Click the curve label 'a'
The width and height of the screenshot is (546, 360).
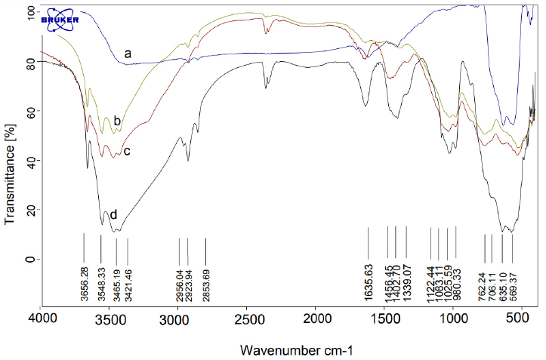pos(128,54)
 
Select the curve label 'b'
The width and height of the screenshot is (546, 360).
pos(117,121)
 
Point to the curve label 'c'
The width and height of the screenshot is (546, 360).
pos(127,151)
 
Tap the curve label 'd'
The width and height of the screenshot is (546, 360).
pos(113,214)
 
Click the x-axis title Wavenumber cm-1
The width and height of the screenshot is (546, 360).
pos(296,351)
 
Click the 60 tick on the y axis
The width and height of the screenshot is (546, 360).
pos(31,111)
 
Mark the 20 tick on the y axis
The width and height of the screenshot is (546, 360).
pos(31,210)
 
